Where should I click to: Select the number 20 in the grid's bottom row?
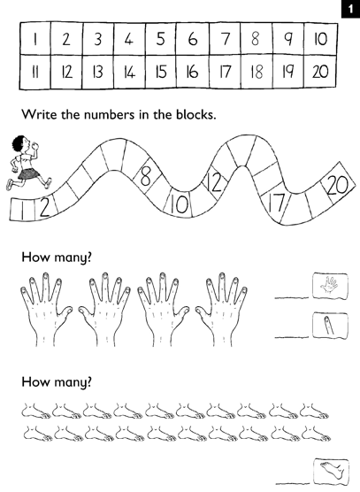click(x=320, y=71)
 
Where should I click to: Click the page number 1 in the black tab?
click(x=350, y=8)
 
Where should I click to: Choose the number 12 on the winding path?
click(x=215, y=184)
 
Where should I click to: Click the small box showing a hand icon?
click(x=329, y=287)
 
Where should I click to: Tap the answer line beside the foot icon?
click(x=291, y=482)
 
